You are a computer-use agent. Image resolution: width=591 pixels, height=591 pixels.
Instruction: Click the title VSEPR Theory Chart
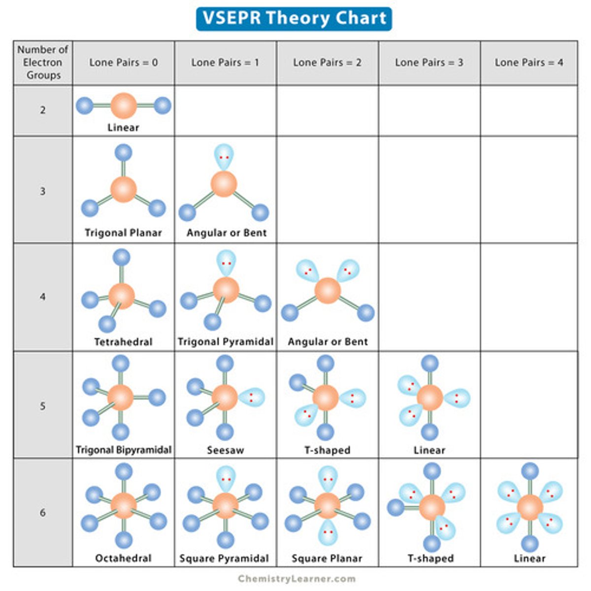click(x=294, y=19)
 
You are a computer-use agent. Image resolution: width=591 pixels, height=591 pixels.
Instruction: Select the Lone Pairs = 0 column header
click(x=123, y=63)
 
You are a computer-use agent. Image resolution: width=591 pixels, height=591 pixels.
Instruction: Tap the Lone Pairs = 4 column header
click(x=529, y=63)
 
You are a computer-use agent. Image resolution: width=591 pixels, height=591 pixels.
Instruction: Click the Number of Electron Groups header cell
click(x=43, y=63)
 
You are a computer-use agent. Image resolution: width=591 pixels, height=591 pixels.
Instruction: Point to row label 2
click(x=43, y=110)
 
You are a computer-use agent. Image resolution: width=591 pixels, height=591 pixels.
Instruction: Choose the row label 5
click(x=43, y=406)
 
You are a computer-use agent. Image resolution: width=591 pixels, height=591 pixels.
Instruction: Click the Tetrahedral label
click(x=123, y=341)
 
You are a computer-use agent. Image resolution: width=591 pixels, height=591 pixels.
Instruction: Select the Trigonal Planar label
click(x=123, y=232)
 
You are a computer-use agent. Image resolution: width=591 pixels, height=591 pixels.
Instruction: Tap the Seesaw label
click(x=225, y=450)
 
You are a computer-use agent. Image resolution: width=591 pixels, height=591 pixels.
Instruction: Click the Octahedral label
click(x=123, y=558)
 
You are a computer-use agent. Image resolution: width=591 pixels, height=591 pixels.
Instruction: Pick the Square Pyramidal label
click(x=224, y=558)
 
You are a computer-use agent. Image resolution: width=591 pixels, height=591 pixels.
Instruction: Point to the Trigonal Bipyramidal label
click(x=123, y=450)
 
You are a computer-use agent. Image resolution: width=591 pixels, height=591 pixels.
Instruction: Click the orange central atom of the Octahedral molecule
click(x=123, y=505)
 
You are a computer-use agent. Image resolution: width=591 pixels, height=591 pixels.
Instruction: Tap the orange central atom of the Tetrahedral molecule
click(x=121, y=295)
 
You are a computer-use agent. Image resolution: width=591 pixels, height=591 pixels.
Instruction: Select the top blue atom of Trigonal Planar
click(x=123, y=153)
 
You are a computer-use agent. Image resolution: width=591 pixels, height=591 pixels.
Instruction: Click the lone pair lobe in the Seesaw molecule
click(x=252, y=397)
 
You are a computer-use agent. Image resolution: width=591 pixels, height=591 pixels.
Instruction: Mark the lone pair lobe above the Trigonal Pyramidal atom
click(x=226, y=263)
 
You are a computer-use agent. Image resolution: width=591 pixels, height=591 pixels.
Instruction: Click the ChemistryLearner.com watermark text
click(x=296, y=579)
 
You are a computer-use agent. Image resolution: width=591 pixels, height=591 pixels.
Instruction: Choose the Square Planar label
click(x=327, y=558)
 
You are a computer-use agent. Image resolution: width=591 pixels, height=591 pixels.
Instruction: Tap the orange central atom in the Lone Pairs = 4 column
click(x=530, y=507)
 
